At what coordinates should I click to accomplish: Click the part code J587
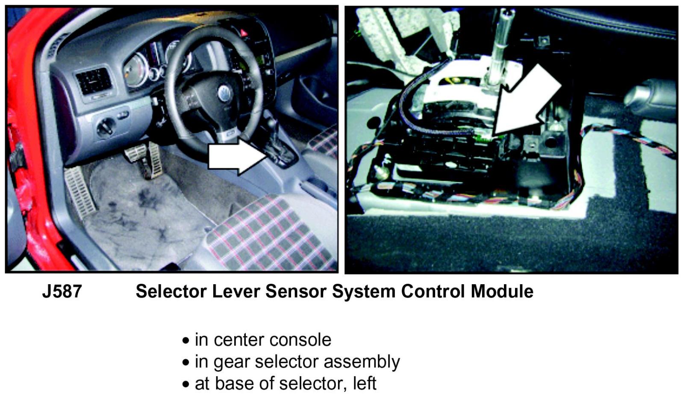[62, 291]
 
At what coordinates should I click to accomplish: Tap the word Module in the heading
[502, 291]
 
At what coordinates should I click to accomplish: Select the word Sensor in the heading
[296, 291]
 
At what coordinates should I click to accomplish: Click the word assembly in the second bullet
[362, 362]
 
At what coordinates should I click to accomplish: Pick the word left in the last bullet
[365, 383]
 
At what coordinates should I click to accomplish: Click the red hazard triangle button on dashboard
[244, 33]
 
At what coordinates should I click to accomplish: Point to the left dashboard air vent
[93, 81]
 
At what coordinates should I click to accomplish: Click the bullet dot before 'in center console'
[185, 341]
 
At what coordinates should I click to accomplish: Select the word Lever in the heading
[236, 291]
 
